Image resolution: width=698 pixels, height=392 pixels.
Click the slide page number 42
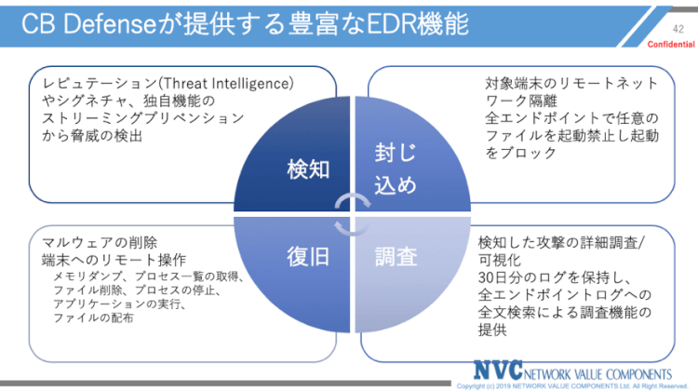[x=677, y=30]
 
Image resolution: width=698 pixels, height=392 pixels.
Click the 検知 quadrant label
[x=307, y=168]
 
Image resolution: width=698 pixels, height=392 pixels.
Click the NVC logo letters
[x=498, y=370]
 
